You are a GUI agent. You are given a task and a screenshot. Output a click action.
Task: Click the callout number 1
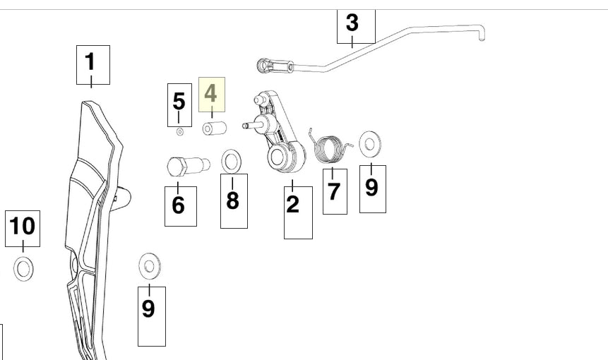[x=90, y=61]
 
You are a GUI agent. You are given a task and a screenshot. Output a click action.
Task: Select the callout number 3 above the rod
[x=352, y=23]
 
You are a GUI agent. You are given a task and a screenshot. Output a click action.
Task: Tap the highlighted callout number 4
[x=210, y=93]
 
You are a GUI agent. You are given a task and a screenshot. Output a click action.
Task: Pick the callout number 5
[x=179, y=102]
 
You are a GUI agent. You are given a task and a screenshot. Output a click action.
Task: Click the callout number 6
[x=179, y=205]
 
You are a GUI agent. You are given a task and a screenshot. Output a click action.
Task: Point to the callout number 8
[x=232, y=200]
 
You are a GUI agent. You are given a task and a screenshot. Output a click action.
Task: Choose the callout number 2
[x=293, y=204]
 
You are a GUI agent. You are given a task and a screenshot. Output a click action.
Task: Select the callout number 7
[x=334, y=191]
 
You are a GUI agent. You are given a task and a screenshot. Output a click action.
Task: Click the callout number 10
[x=23, y=226]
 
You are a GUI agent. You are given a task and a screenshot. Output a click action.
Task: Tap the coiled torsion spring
[x=330, y=148]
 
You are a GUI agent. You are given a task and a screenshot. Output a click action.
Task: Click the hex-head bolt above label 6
[x=188, y=166]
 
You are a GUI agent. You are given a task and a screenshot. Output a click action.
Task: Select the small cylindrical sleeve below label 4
[x=215, y=128]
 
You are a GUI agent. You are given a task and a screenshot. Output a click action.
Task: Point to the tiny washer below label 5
[x=180, y=132]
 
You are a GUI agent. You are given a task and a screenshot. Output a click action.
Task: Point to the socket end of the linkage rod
[x=266, y=66]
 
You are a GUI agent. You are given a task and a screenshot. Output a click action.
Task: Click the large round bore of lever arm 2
[x=278, y=157]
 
